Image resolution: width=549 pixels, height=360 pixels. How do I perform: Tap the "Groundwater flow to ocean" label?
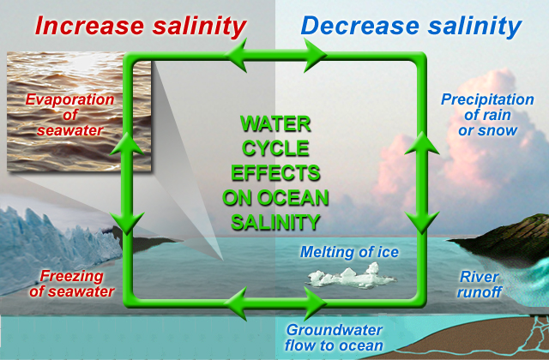pos(334,338)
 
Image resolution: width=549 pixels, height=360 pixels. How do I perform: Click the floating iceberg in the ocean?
pos(347,277)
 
